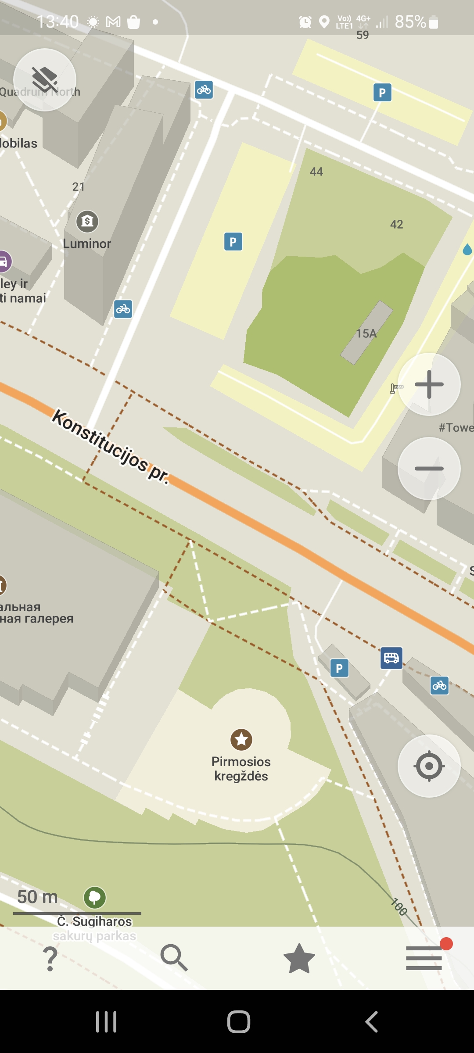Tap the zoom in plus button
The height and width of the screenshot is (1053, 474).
coord(429,384)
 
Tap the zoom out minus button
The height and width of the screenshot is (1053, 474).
coord(429,468)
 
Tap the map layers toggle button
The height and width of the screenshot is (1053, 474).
coord(45,80)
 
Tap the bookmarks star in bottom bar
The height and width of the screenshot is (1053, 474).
coord(299,958)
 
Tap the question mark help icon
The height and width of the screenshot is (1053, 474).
coord(50,958)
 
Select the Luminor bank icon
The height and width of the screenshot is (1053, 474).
coord(87,221)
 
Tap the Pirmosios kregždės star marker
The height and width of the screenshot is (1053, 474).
coord(241,740)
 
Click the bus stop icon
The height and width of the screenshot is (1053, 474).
coord(391,658)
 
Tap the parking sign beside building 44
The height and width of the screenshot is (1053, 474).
coord(233,241)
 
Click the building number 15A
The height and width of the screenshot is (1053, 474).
coord(366,333)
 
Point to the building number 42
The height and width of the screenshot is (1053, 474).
coord(397,225)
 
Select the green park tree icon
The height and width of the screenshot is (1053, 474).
coord(95,897)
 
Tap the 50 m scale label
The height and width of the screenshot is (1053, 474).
coord(38,897)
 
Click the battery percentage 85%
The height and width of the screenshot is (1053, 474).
coord(410,21)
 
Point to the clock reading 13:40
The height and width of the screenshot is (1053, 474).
coord(57,21)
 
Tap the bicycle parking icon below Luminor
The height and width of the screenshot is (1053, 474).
coord(123,309)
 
